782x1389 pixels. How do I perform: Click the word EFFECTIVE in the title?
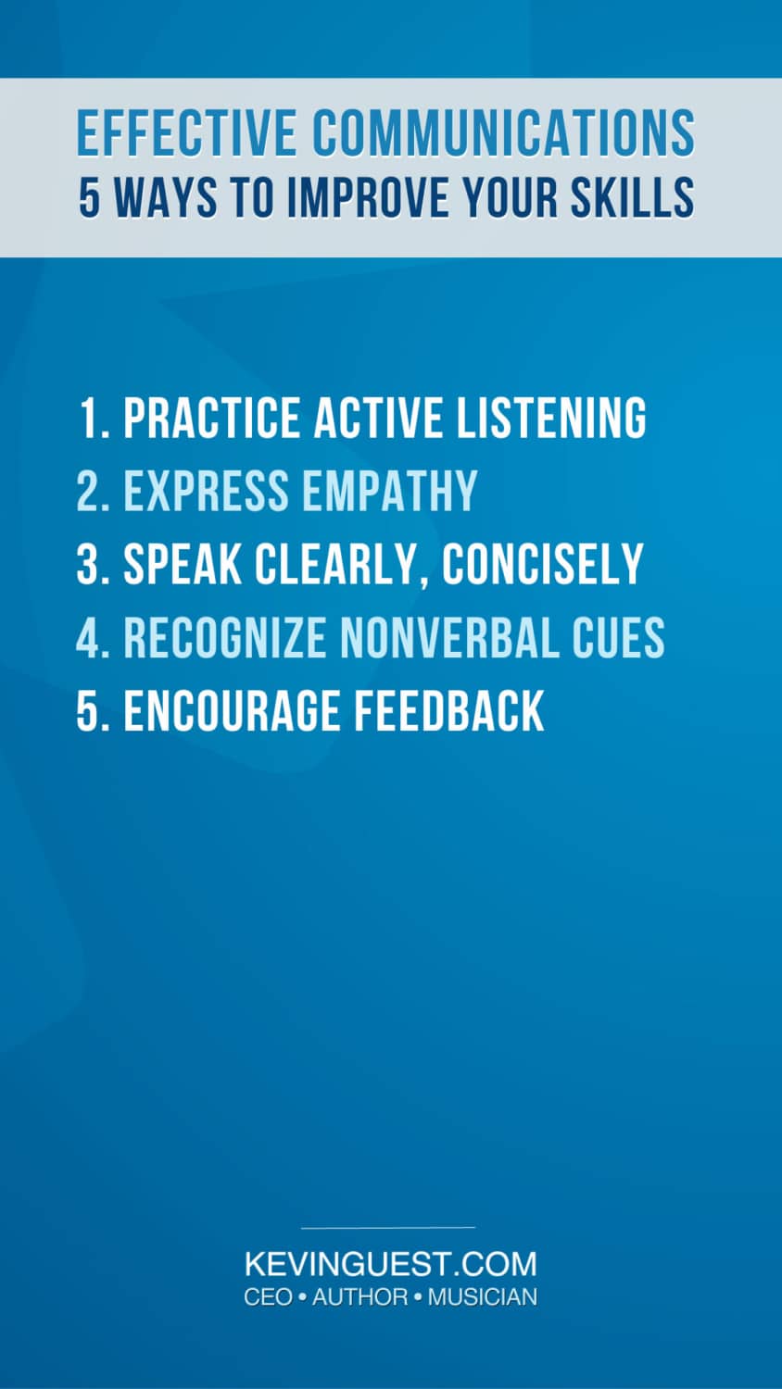pos(186,133)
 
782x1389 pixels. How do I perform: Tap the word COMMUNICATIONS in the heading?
pos(503,133)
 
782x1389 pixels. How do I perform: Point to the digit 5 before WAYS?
pos(89,197)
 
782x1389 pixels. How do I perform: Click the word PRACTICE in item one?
pos(212,418)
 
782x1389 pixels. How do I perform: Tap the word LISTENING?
pos(550,418)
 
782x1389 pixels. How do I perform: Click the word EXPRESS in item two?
pos(207,491)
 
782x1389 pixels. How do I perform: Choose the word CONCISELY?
pos(542,564)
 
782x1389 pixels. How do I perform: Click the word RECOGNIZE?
pos(225,638)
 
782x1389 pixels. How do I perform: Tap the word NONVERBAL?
pos(449,638)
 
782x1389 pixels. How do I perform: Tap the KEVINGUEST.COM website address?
pos(390,1264)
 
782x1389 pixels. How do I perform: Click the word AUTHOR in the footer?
pos(359,1297)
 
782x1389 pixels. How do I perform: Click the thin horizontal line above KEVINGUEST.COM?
pos(388,1228)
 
